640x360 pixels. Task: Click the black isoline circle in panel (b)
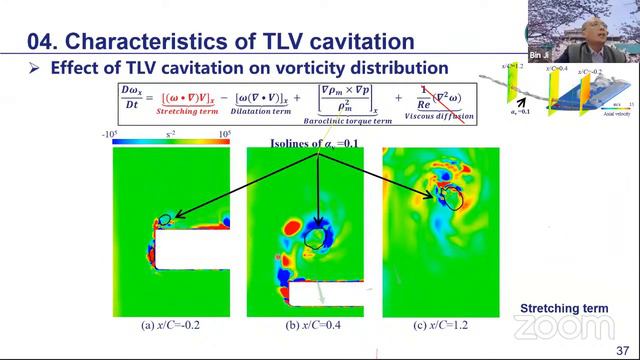point(318,238)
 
